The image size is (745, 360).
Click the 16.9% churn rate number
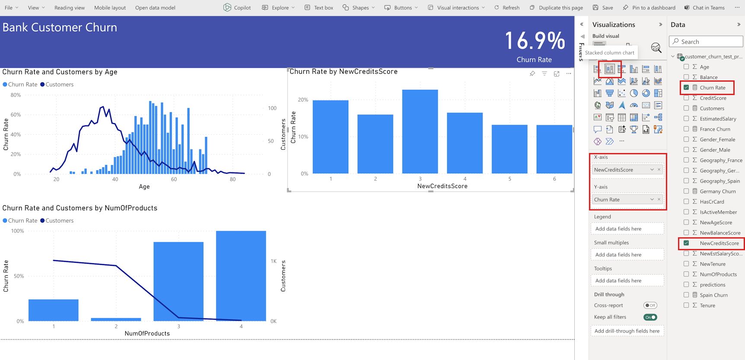535,41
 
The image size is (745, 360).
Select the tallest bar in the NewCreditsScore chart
420,132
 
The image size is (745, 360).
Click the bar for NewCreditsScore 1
331,137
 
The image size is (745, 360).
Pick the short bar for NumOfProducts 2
116,319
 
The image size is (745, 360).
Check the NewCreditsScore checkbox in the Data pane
686,243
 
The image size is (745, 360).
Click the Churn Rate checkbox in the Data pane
686,88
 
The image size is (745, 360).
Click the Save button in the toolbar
603,8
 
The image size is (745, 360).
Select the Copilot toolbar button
237,8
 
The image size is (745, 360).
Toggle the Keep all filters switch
650,317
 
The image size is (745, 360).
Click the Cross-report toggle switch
650,306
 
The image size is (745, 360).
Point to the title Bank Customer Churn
60,28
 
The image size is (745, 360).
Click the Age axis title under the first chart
144,187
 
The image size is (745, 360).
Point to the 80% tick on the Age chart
16,95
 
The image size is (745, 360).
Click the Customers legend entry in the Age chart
57,85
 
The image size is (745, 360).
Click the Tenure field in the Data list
707,306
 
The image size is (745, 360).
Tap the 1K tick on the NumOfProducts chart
274,261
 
